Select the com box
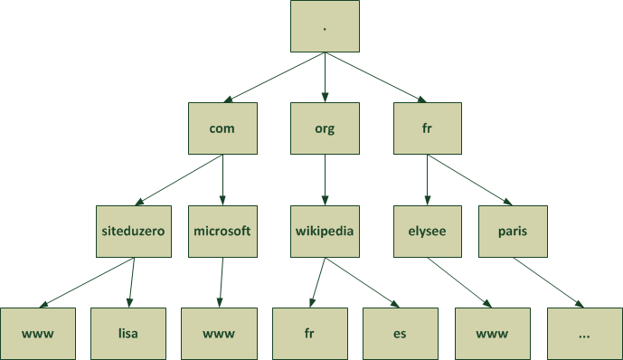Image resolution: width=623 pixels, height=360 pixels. (x=222, y=128)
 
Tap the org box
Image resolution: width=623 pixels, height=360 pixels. (x=324, y=128)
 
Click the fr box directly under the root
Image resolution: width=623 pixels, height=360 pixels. (x=427, y=128)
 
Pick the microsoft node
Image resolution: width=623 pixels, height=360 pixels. (x=222, y=231)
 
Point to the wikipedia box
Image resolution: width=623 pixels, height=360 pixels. (x=324, y=231)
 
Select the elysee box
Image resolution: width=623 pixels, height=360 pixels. (x=427, y=231)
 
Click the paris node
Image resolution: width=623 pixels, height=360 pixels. (x=513, y=231)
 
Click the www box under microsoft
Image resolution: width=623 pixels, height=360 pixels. (x=218, y=333)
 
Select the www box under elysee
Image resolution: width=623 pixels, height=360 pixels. (x=491, y=333)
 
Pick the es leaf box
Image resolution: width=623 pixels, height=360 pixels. (x=400, y=333)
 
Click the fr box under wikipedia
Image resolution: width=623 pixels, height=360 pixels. (x=308, y=333)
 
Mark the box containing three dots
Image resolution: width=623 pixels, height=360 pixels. (x=583, y=333)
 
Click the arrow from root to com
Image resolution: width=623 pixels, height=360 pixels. (x=276, y=77)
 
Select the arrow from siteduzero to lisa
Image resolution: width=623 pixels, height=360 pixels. (x=131, y=282)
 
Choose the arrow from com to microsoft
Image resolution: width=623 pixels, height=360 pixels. (x=222, y=180)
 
